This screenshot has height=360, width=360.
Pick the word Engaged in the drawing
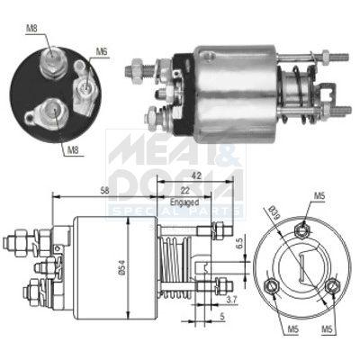184,203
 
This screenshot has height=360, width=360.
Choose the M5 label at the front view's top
320,195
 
